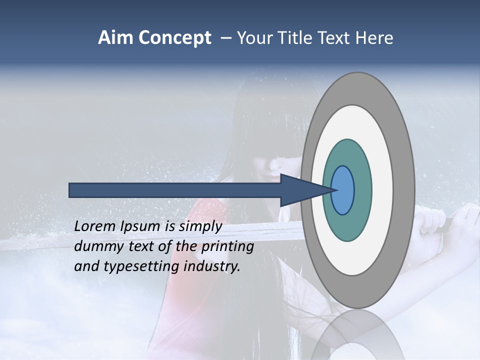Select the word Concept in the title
[x=174, y=38]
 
